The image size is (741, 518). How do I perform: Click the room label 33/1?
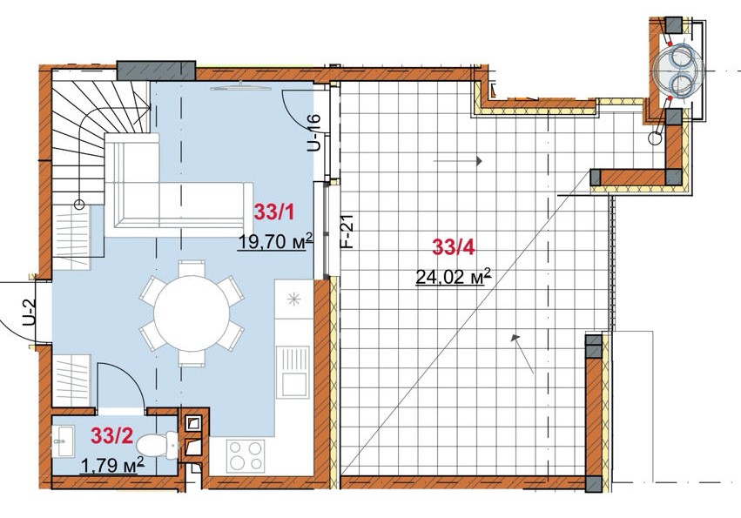[274, 212]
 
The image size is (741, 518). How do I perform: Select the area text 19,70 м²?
[275, 241]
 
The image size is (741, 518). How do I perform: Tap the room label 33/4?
[453, 247]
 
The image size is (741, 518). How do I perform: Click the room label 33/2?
[112, 436]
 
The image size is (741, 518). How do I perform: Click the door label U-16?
[314, 133]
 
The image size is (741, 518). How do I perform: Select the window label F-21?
[347, 231]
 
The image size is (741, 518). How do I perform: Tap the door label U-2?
[30, 313]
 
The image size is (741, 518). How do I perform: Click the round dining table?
[192, 313]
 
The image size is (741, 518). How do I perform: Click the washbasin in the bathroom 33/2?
[63, 441]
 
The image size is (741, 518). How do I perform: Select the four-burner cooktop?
[246, 455]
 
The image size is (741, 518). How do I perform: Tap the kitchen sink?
[293, 372]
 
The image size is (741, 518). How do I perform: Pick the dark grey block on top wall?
[157, 71]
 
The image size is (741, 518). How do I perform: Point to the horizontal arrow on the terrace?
[457, 161]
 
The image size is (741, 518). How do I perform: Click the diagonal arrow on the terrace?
[522, 354]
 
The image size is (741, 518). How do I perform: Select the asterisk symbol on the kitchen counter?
[294, 299]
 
